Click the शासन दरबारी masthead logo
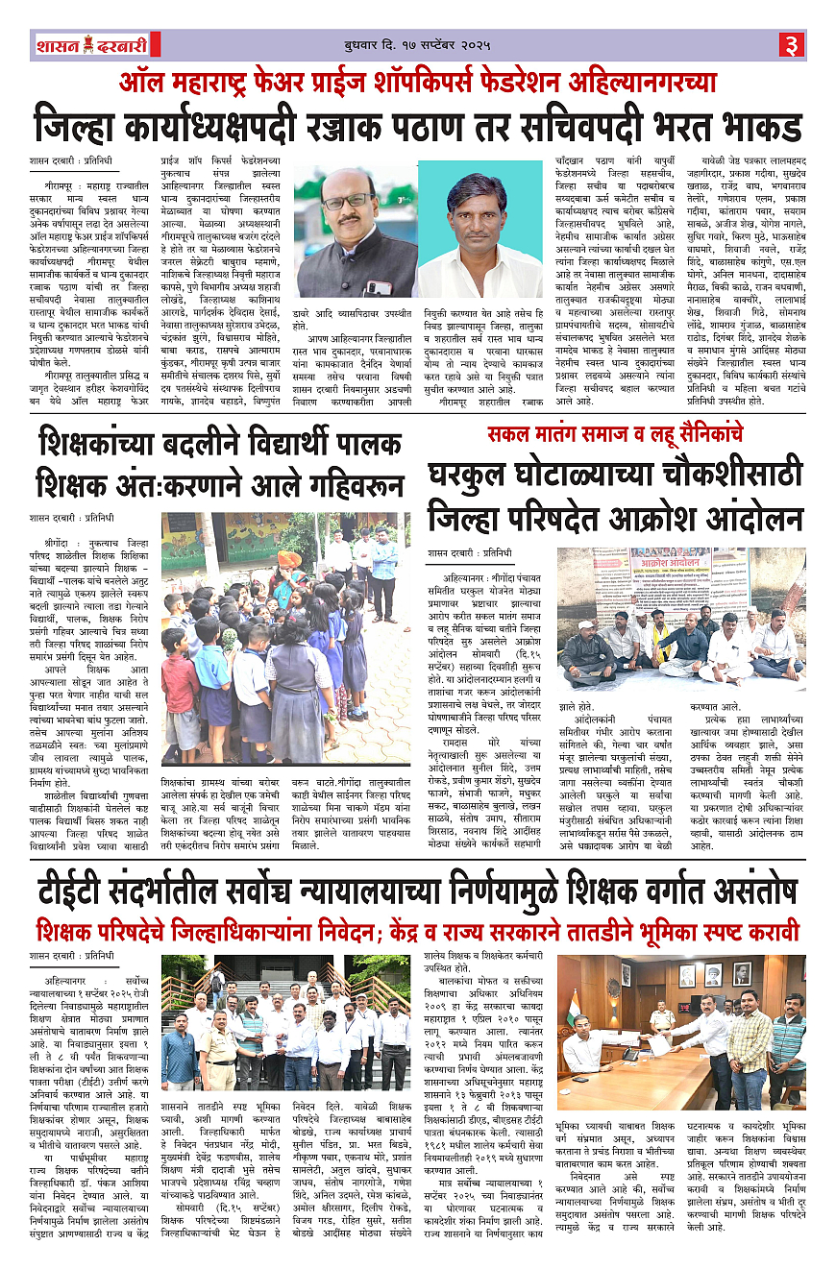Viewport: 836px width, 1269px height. coord(87,45)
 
